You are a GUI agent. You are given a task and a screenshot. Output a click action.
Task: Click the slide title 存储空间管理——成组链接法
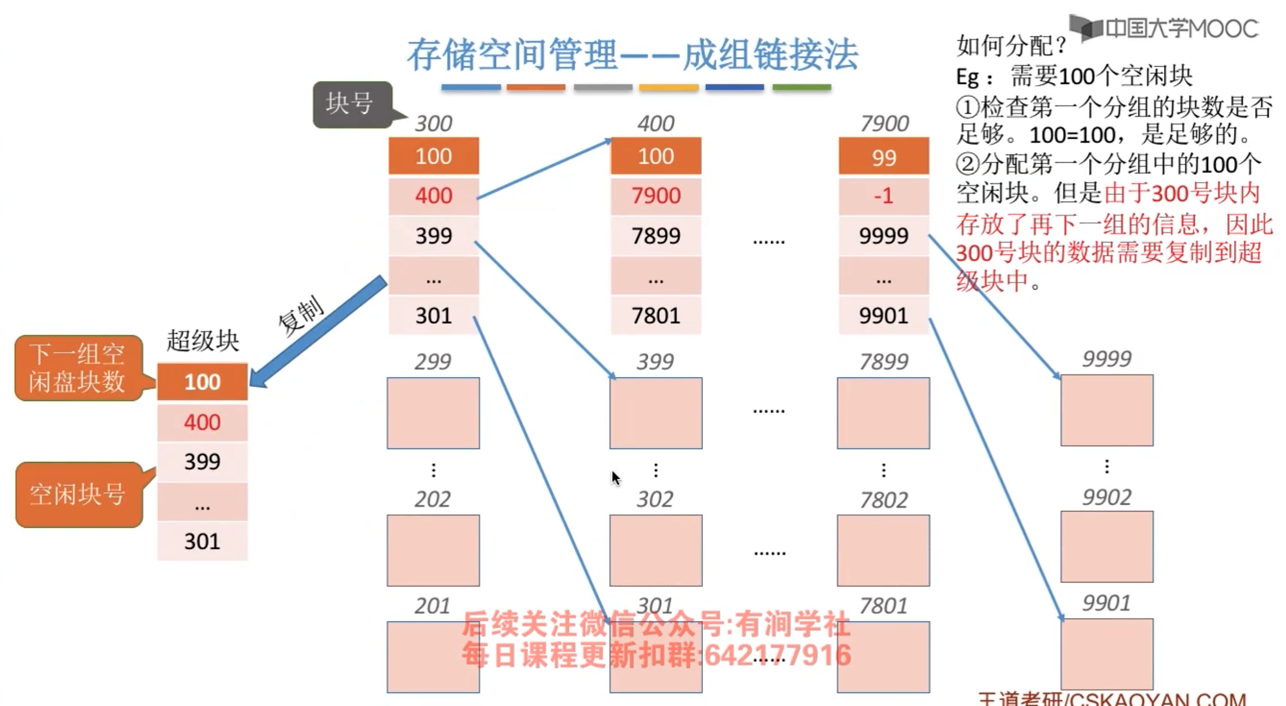coord(632,55)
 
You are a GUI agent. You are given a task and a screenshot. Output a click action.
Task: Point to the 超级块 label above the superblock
coord(202,341)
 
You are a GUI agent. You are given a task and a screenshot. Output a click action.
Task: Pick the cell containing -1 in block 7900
coord(883,196)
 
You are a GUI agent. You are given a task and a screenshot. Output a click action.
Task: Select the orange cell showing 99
coord(883,156)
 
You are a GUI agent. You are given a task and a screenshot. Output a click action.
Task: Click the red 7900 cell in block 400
coord(656,196)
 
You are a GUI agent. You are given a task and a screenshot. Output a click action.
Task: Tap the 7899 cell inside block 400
coord(656,236)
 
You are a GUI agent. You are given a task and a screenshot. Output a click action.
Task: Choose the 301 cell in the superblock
coord(202,541)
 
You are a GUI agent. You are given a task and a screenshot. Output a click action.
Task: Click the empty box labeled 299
coord(433,413)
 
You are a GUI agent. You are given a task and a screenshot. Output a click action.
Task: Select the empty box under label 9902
coord(1107,546)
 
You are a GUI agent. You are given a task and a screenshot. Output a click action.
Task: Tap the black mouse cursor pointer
coord(615,478)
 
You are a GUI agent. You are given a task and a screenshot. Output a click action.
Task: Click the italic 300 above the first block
coord(433,124)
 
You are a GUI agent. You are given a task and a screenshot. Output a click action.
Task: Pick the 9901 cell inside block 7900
coord(883,315)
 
